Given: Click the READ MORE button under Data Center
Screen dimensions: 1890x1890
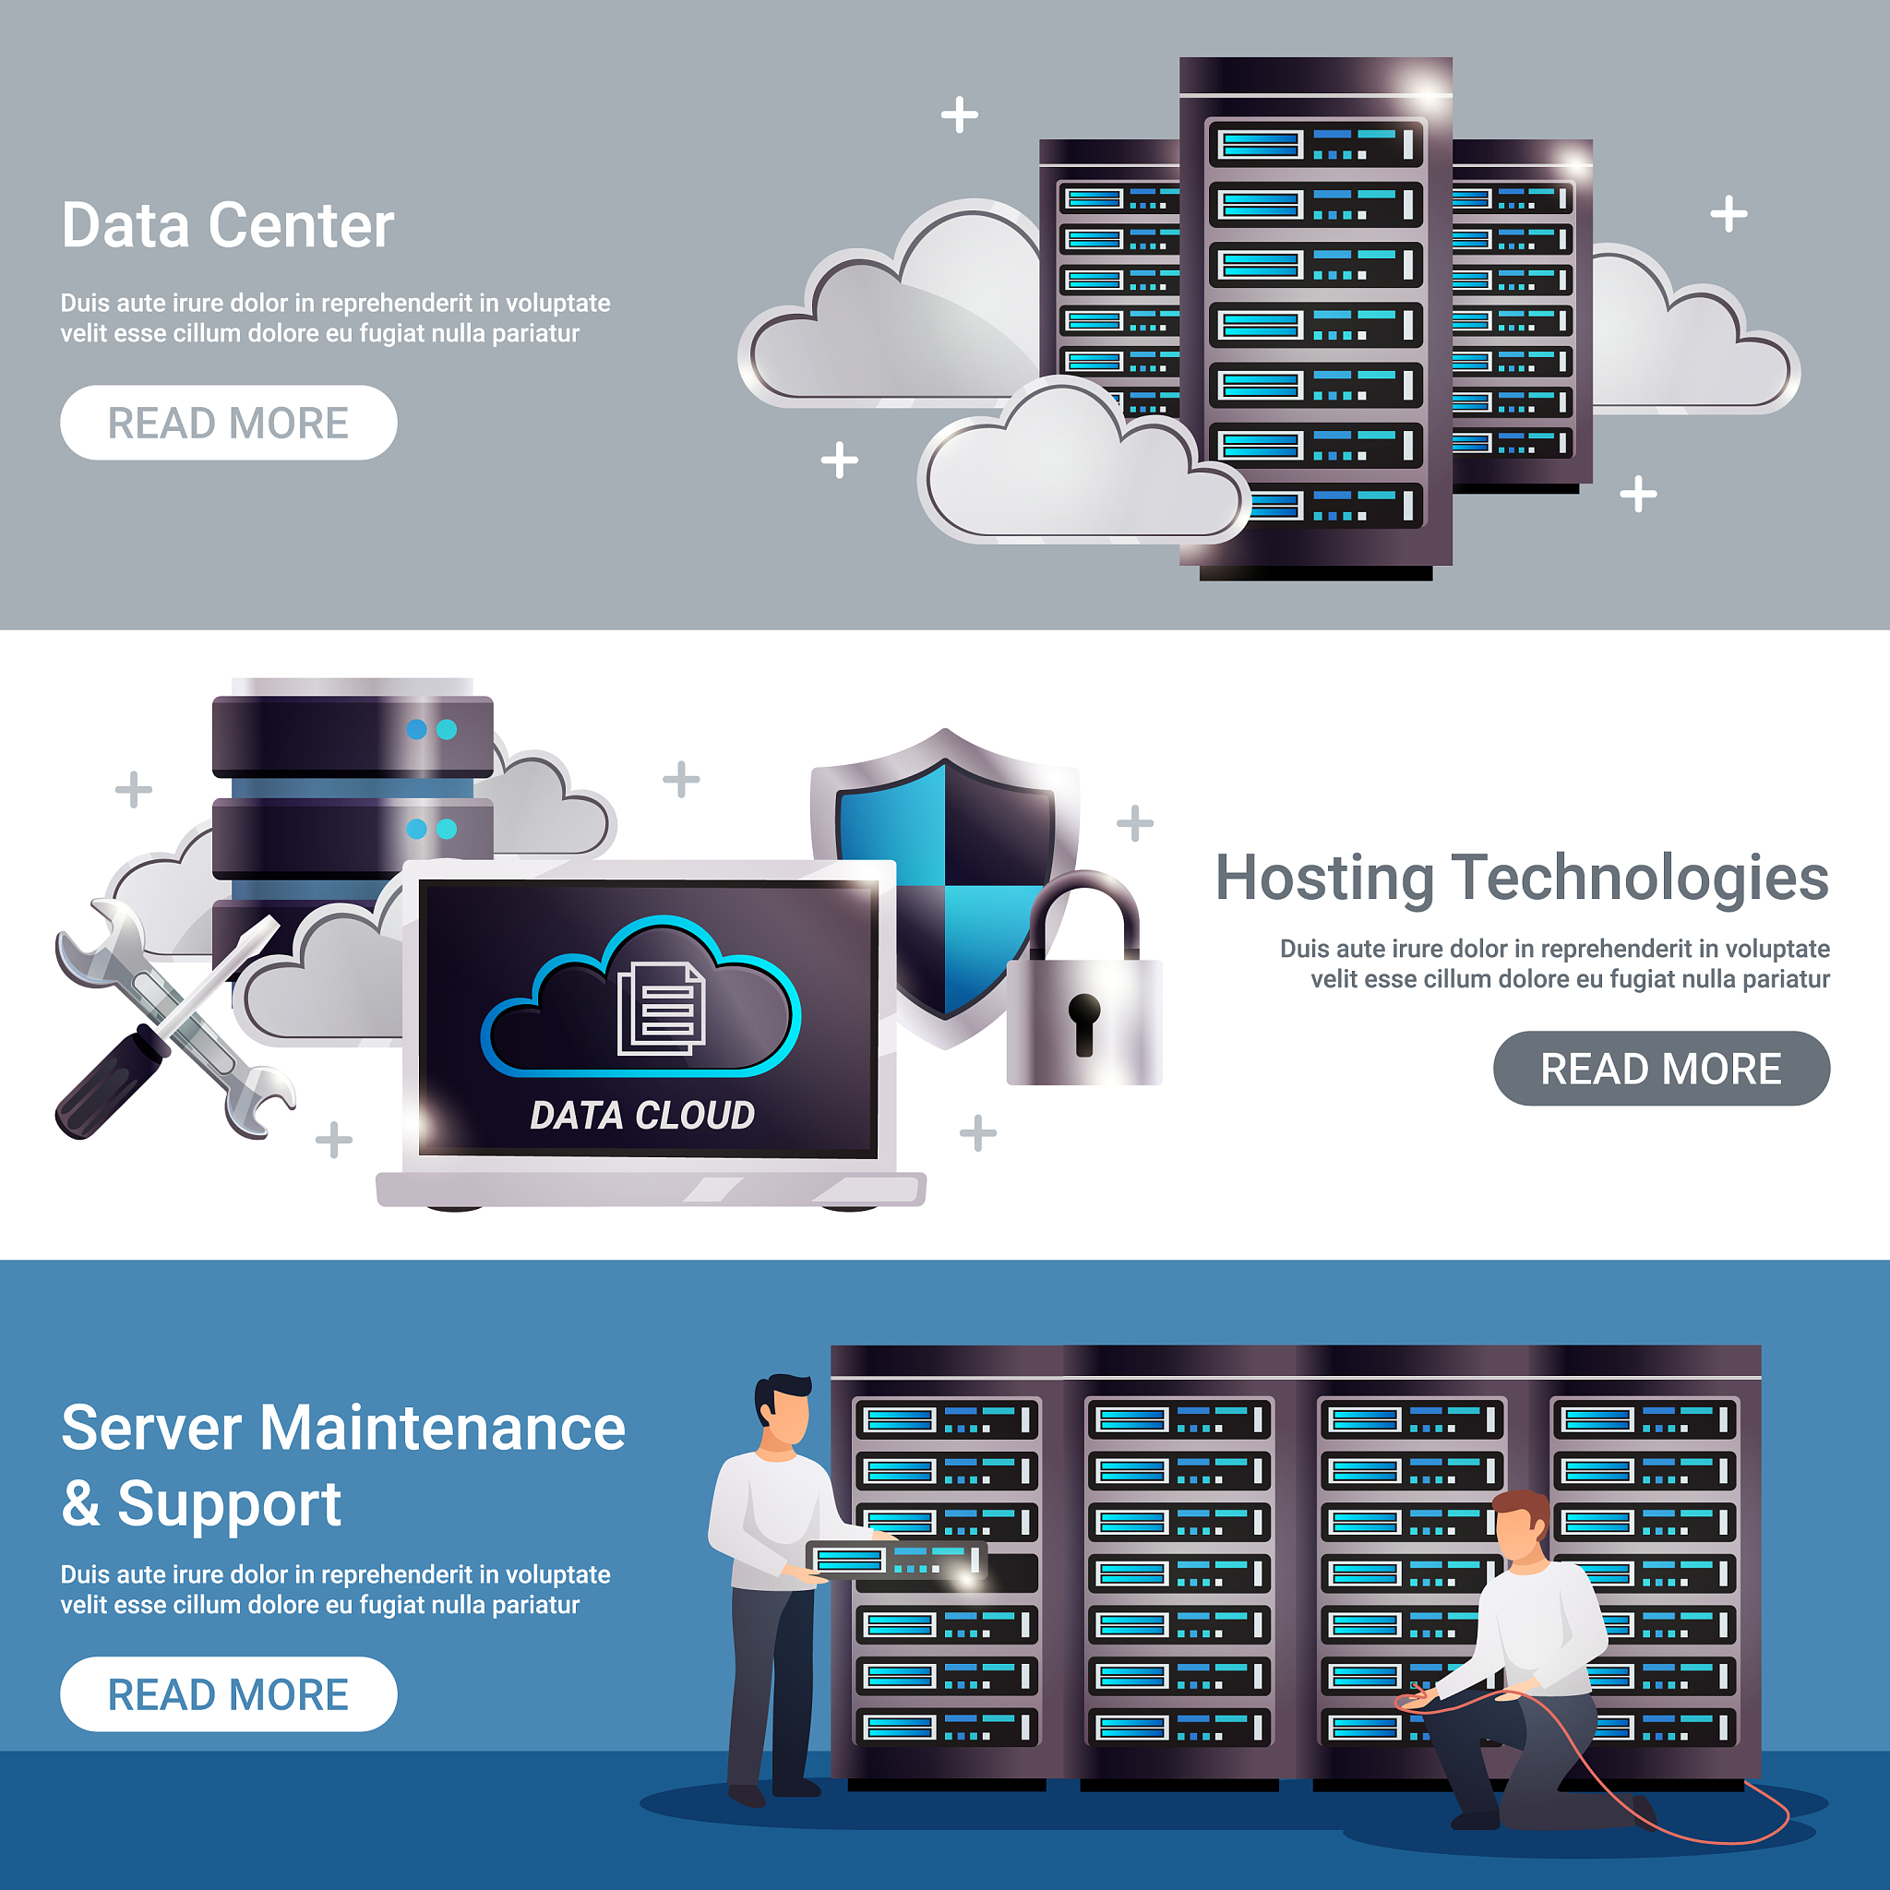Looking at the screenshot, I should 228,423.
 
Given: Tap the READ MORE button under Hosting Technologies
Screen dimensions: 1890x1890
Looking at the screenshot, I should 1660,1069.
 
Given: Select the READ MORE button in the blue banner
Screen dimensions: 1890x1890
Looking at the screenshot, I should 228,1693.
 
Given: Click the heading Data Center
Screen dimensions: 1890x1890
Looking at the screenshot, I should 227,225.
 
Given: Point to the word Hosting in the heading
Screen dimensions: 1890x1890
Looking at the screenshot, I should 1323,878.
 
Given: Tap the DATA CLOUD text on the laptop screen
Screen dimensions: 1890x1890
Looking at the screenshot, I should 641,1115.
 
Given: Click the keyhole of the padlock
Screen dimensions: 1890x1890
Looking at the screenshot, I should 1084,1022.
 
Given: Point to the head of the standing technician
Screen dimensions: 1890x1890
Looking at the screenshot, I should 784,1408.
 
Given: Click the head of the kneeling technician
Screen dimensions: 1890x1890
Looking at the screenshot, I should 1521,1526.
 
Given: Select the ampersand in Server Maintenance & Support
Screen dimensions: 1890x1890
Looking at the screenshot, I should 81,1503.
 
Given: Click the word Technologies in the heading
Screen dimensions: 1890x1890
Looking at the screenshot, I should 1640,878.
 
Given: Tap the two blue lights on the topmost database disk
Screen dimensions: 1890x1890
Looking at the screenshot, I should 431,729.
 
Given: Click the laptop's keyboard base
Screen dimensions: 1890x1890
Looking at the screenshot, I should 651,1189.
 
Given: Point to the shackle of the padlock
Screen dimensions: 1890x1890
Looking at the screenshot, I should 1084,910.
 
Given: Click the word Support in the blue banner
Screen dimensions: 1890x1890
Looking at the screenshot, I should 229,1503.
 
